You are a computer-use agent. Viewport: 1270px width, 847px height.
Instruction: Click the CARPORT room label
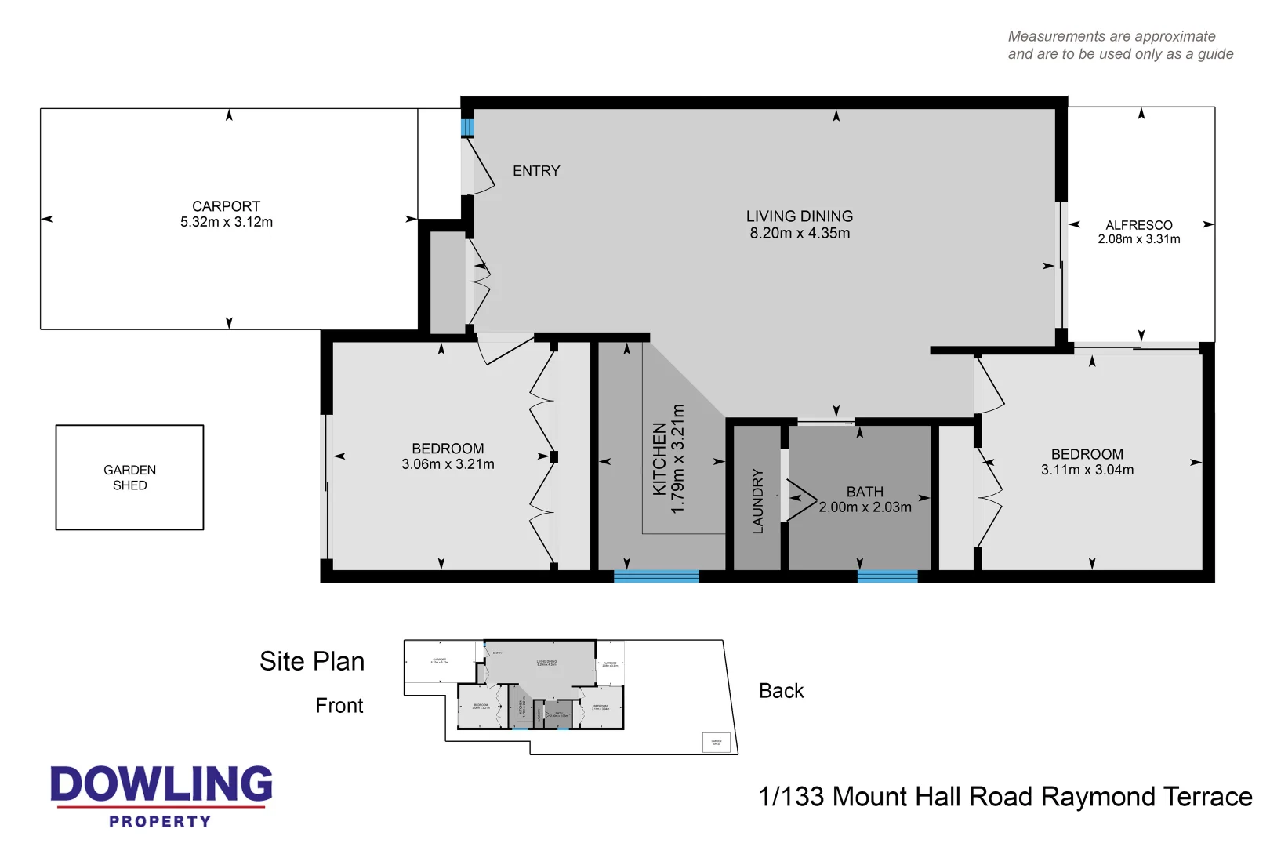tap(226, 206)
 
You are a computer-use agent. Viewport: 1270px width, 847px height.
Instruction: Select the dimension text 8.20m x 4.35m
tap(799, 233)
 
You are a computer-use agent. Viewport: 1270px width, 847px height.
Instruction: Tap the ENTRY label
tap(536, 171)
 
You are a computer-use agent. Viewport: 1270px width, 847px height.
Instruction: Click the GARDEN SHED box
tap(129, 477)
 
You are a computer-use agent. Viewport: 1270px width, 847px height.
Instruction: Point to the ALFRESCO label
tap(1138, 225)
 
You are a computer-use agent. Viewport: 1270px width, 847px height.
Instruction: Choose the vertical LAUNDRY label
tap(757, 501)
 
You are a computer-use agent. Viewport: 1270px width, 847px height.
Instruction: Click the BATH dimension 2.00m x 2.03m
tap(865, 507)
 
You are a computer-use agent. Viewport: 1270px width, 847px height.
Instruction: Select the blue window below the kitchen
tap(655, 576)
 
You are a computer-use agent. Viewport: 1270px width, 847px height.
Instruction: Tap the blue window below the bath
tap(887, 576)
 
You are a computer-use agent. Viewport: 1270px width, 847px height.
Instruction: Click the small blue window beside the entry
tap(467, 127)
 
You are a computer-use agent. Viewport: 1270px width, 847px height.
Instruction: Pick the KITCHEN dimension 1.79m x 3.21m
tap(679, 459)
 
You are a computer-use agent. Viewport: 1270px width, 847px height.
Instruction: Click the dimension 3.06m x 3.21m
tap(448, 464)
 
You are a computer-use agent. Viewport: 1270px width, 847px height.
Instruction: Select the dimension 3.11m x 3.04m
tap(1087, 470)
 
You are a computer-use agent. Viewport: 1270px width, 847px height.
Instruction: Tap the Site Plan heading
tap(312, 661)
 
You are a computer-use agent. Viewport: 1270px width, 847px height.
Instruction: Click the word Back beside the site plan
tap(781, 691)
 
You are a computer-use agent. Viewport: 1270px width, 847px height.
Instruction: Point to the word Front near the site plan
tap(339, 706)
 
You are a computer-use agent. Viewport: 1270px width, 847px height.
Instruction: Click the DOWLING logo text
tap(161, 784)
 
